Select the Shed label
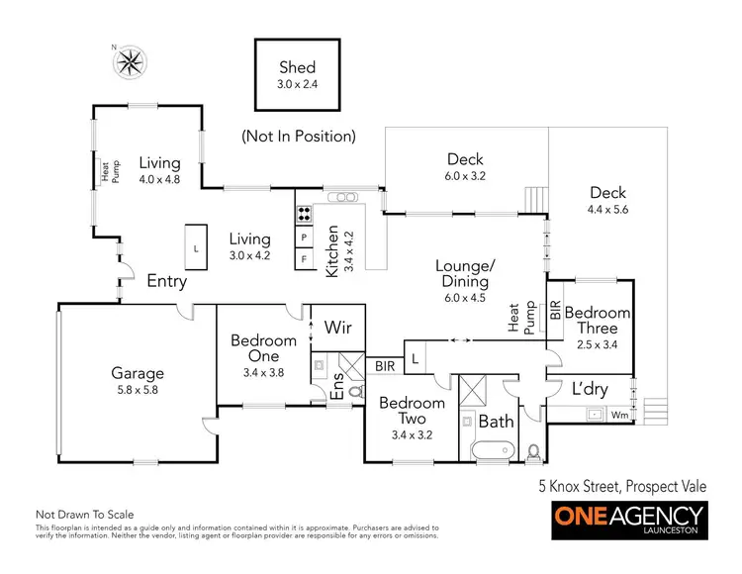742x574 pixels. pyautogui.click(x=296, y=68)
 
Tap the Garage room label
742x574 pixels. pyautogui.click(x=137, y=373)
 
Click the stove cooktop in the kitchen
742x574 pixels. pyautogui.click(x=303, y=211)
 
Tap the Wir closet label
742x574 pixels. pyautogui.click(x=338, y=328)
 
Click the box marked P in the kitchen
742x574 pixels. pyautogui.click(x=303, y=238)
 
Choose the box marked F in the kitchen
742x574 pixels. pyautogui.click(x=303, y=259)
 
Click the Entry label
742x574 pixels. pyautogui.click(x=166, y=281)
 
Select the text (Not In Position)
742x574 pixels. pyautogui.click(x=299, y=136)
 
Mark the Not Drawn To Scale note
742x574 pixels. pyautogui.click(x=84, y=515)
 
